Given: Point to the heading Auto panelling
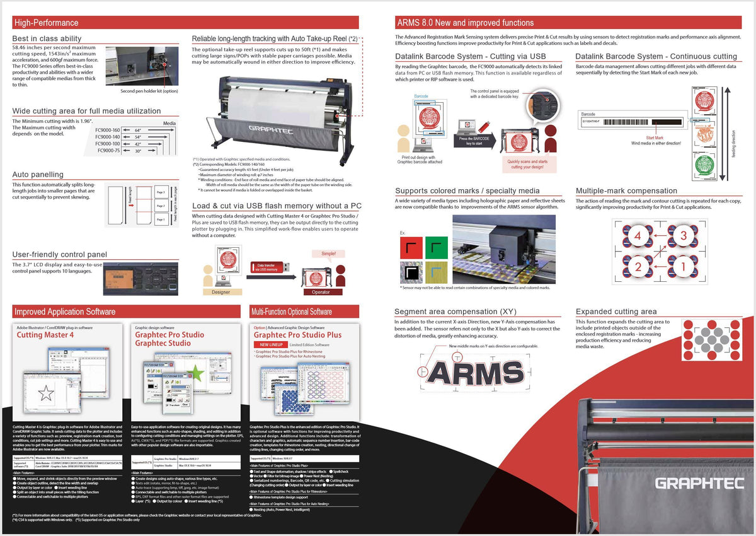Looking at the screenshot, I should pos(38,175).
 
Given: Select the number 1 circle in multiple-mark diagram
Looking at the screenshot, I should pos(683,266).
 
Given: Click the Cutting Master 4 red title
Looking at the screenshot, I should pos(45,335).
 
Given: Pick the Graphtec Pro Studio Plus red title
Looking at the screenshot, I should pos(297,335).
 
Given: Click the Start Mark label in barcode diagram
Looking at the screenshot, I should pos(655,137).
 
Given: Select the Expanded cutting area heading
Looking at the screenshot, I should pos(616,312).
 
